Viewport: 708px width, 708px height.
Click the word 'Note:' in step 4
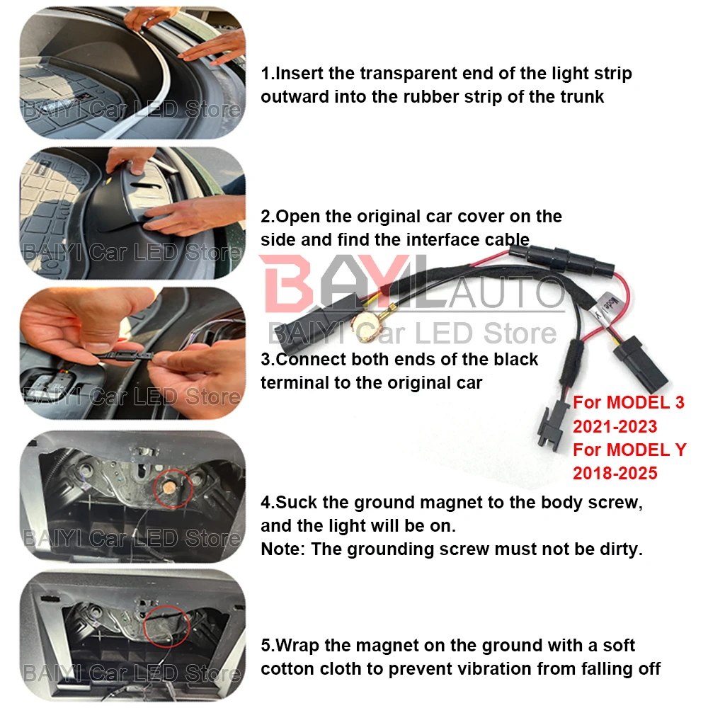[283, 549]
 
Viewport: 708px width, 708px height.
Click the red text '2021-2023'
[615, 426]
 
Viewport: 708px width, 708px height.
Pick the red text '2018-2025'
[615, 473]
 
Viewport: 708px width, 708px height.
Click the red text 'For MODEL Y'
[629, 450]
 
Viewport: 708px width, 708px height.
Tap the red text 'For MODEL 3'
[629, 402]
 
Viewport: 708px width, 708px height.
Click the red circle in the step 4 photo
[173, 488]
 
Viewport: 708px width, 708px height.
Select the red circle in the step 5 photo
[166, 627]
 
